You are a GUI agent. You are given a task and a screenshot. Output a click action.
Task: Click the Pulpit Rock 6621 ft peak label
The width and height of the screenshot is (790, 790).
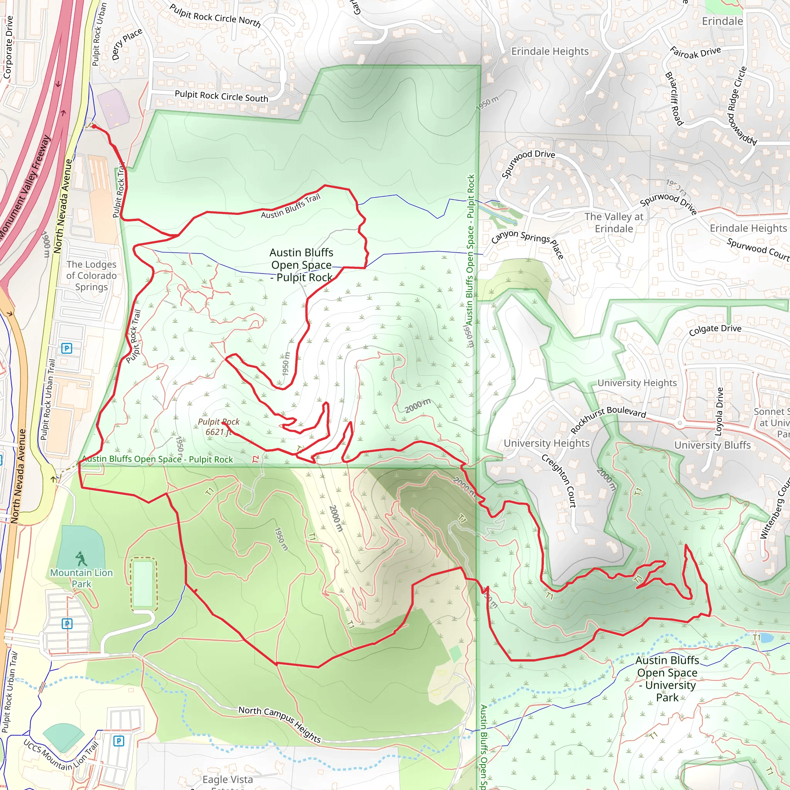tap(218, 427)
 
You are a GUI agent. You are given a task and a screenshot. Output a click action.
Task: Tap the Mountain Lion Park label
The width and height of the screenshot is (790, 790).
tap(81, 578)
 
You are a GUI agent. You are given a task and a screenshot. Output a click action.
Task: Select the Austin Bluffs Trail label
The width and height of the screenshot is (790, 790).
tap(290, 206)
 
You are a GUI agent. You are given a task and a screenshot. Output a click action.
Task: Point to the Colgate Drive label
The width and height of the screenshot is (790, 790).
tap(715, 329)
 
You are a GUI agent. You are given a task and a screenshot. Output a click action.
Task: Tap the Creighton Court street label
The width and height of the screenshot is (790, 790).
tap(559, 481)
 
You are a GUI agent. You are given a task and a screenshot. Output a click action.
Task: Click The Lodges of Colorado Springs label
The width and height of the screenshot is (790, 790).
tap(91, 275)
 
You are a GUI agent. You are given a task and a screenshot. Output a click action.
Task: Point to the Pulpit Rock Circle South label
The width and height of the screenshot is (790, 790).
tap(221, 96)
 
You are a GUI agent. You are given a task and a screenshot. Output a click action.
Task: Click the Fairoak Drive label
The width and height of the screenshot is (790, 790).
tap(695, 52)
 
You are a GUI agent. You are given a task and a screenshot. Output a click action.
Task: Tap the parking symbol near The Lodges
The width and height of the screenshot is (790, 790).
tap(67, 348)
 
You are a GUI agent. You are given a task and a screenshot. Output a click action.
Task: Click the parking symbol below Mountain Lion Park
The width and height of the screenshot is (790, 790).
tap(67, 624)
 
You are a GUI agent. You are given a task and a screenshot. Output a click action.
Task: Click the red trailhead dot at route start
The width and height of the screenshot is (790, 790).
tap(94, 127)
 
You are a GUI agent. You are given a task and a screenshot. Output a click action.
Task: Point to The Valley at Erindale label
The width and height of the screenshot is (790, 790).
tap(614, 223)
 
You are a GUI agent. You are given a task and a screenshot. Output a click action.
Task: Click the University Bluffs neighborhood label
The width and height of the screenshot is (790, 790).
tap(712, 445)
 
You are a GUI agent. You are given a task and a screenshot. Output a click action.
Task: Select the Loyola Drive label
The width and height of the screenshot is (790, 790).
tap(719, 411)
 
